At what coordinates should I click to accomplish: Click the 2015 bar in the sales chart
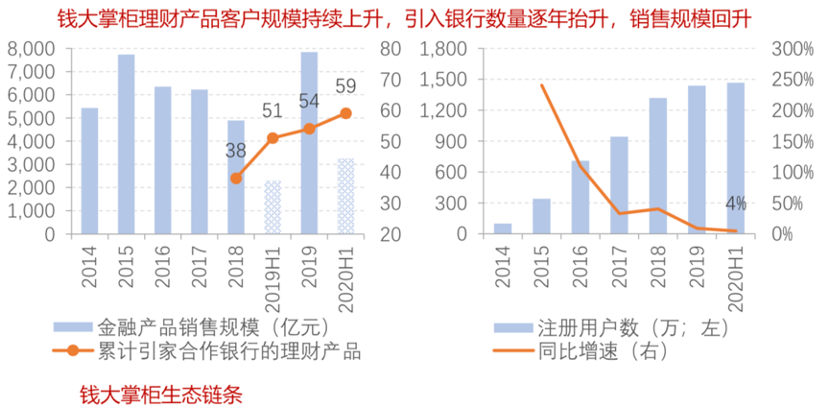[126, 144]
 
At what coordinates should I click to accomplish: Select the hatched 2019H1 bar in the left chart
[272, 207]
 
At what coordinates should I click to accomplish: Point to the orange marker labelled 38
[236, 178]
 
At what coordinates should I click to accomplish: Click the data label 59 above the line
[345, 87]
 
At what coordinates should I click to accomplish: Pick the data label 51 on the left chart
[272, 111]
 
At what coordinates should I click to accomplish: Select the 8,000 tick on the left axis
[36, 49]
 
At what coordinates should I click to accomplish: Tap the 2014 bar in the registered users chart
[503, 228]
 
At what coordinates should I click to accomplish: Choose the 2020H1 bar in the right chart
[736, 157]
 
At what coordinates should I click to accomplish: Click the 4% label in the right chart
[736, 203]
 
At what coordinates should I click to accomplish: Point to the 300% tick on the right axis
[792, 49]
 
